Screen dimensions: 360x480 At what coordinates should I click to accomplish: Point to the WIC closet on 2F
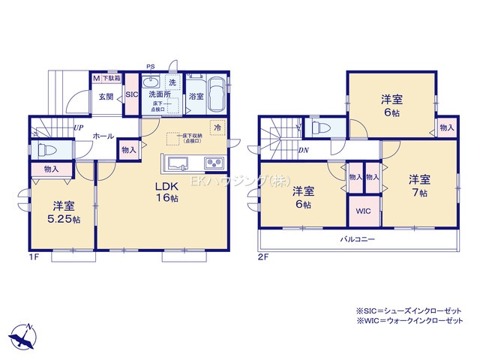tap(363, 211)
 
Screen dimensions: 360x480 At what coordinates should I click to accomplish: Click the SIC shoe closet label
tap(131, 95)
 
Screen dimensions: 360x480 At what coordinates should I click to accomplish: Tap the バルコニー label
tap(355, 239)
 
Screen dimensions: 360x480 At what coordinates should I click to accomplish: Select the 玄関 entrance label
tap(106, 96)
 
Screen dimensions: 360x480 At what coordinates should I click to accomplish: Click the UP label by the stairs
tap(78, 127)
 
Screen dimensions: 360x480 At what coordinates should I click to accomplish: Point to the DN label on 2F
tap(303, 149)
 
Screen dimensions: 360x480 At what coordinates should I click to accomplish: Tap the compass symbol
tap(25, 334)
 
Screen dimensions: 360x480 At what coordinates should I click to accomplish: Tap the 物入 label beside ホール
tap(128, 150)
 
